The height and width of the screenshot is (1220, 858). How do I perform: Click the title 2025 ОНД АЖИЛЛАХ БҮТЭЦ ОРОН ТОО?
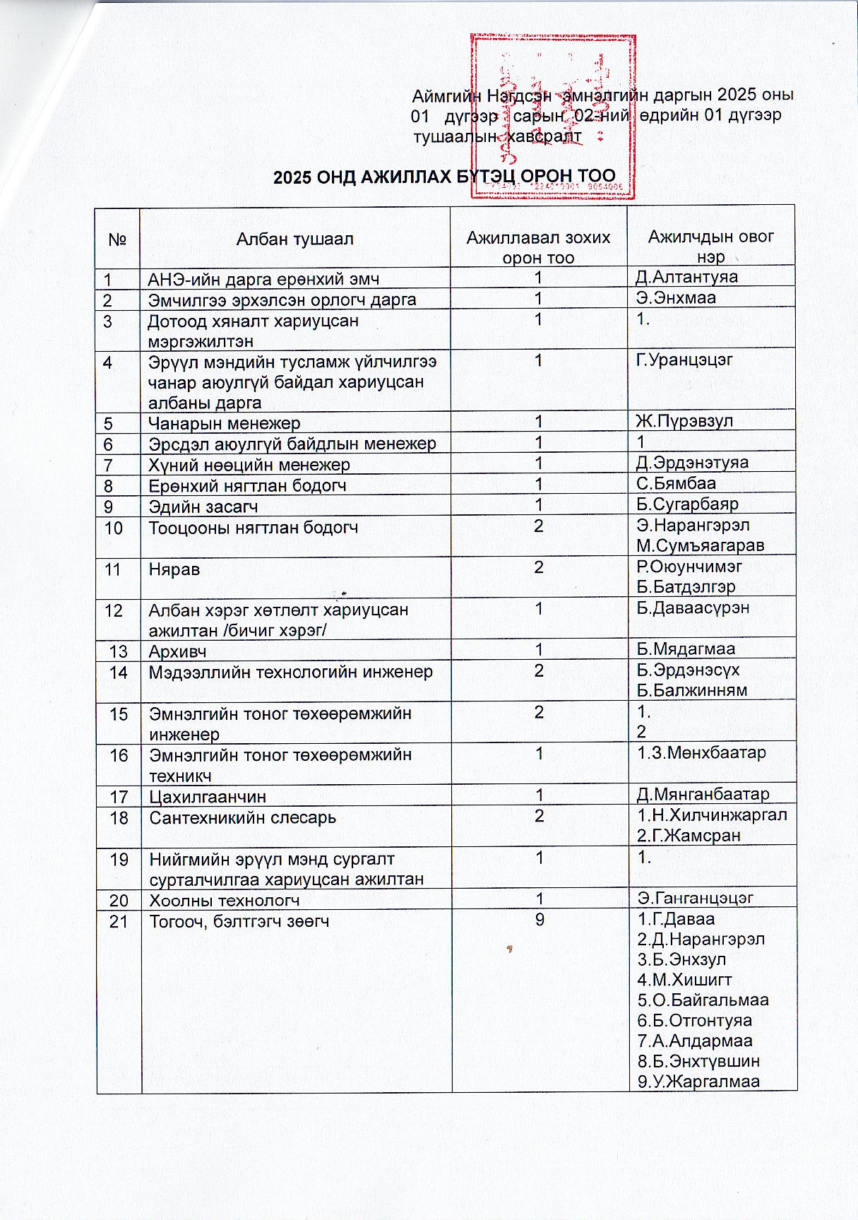point(444,177)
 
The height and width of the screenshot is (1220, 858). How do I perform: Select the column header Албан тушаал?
point(294,239)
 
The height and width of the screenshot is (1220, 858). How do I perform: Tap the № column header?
point(118,239)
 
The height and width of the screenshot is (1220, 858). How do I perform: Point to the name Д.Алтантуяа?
point(687,277)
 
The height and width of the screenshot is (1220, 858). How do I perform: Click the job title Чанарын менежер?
point(224,423)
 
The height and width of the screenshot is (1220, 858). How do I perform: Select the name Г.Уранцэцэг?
point(684,360)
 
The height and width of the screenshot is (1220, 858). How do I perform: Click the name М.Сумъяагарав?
point(700,545)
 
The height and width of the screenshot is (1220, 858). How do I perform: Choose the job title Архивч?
point(177,651)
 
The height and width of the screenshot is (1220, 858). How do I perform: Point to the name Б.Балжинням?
point(691,690)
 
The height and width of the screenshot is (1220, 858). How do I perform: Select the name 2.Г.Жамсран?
point(689,836)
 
